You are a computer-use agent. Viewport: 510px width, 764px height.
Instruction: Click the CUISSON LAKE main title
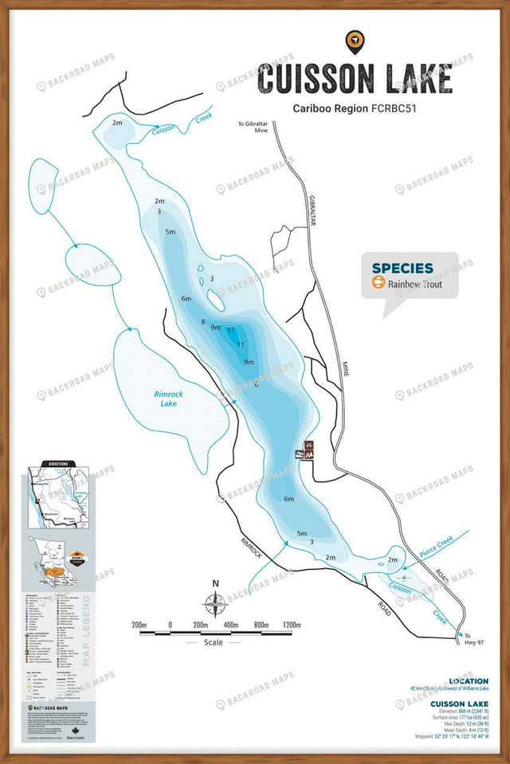pyautogui.click(x=355, y=79)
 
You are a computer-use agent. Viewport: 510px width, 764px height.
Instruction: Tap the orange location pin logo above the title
pyautogui.click(x=354, y=40)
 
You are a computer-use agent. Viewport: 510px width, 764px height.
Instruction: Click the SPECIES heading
pyautogui.click(x=402, y=268)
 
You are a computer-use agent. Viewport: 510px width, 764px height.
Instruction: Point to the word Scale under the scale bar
pyautogui.click(x=214, y=642)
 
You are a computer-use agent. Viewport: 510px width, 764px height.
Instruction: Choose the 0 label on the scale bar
pyautogui.click(x=170, y=626)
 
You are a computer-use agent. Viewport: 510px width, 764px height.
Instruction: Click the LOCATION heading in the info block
pyautogui.click(x=469, y=681)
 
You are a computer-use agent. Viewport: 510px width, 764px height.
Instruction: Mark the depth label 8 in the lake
pyautogui.click(x=203, y=322)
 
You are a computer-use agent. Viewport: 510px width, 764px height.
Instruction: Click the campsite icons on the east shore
pyautogui.click(x=304, y=450)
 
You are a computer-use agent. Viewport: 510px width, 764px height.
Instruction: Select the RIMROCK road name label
pyautogui.click(x=249, y=548)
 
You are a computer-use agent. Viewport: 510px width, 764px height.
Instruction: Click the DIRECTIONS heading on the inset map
pyautogui.click(x=63, y=463)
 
